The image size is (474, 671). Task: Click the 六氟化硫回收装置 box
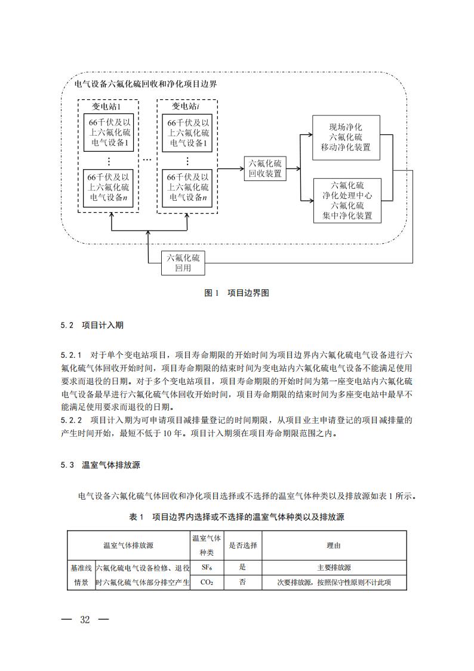pyautogui.click(x=265, y=169)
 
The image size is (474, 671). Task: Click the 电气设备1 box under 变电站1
pyautogui.click(x=108, y=132)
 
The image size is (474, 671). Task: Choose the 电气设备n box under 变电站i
pyautogui.click(x=187, y=187)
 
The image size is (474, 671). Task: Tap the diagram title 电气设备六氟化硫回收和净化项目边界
pyautogui.click(x=144, y=84)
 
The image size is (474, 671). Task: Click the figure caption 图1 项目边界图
pyautogui.click(x=237, y=293)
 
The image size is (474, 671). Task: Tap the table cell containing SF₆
pyautogui.click(x=207, y=567)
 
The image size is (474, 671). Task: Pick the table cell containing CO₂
pyautogui.click(x=207, y=582)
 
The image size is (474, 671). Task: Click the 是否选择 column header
pyautogui.click(x=243, y=545)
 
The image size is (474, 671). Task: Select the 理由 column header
pyautogui.click(x=334, y=545)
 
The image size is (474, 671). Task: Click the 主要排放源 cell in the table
pyautogui.click(x=334, y=567)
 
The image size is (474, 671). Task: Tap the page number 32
pyautogui.click(x=85, y=620)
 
